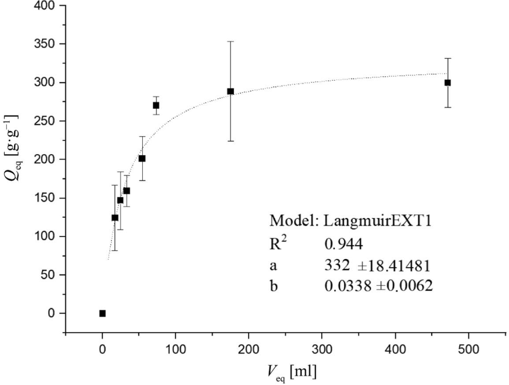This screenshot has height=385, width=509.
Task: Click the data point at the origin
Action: coord(102,313)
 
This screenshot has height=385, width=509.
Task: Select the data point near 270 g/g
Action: coord(156,105)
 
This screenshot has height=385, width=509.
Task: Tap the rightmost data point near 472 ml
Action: coord(447,82)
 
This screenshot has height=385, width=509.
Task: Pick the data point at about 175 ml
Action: coord(230,91)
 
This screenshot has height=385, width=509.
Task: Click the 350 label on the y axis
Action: coord(48,44)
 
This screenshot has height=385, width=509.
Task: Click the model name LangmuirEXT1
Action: coord(377,220)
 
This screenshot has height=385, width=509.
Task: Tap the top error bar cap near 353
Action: coord(230,41)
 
